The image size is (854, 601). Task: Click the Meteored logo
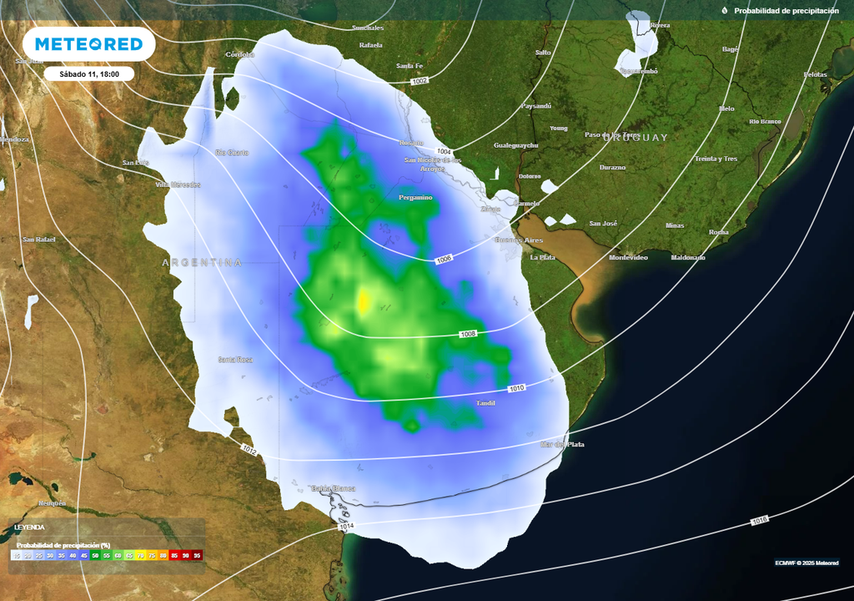click(x=88, y=43)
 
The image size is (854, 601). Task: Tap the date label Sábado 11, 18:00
click(x=89, y=73)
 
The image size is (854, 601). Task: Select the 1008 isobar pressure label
click(x=469, y=334)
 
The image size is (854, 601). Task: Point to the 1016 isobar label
click(x=759, y=520)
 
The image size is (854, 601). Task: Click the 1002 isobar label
click(x=419, y=81)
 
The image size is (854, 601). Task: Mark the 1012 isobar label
click(x=249, y=450)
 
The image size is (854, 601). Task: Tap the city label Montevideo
click(x=628, y=258)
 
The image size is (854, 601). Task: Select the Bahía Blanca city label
click(x=333, y=488)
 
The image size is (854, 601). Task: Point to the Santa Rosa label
click(x=234, y=360)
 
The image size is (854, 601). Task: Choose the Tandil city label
click(x=485, y=403)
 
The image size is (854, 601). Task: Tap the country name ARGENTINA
click(x=202, y=262)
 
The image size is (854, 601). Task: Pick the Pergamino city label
click(x=415, y=198)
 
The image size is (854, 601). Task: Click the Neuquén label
click(x=52, y=503)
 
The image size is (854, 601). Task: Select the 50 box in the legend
click(x=96, y=554)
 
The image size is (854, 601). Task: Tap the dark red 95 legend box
click(x=197, y=554)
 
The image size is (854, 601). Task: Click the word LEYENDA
click(x=29, y=528)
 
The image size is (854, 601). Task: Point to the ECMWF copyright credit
click(x=806, y=562)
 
